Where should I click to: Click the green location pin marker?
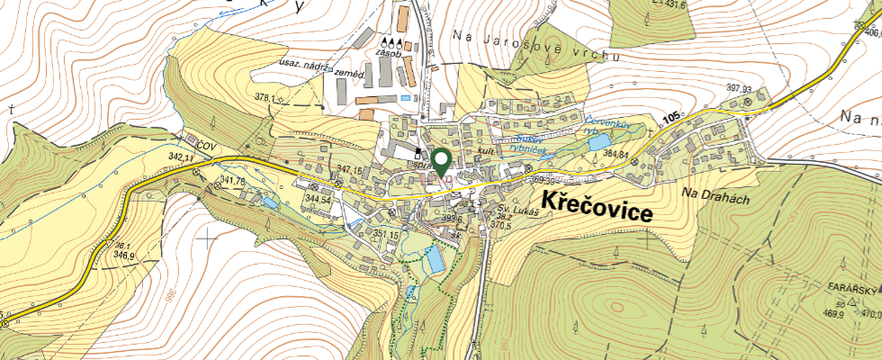tap(441, 163)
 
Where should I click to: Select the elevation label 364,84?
tap(616, 154)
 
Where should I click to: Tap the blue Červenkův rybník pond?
tap(598, 141)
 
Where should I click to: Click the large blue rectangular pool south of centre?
tap(435, 259)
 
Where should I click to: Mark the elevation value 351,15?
tap(385, 235)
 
